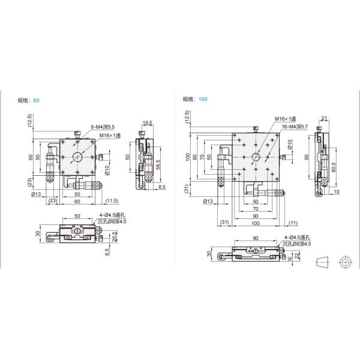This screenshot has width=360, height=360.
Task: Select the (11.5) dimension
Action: [112, 200]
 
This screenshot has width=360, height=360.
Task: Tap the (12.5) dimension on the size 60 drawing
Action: [28, 122]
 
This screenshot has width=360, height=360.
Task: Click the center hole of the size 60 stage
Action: [78, 158]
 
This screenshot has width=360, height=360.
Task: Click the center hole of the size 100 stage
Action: [256, 157]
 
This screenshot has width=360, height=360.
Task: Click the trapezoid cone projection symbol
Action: [323, 262]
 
